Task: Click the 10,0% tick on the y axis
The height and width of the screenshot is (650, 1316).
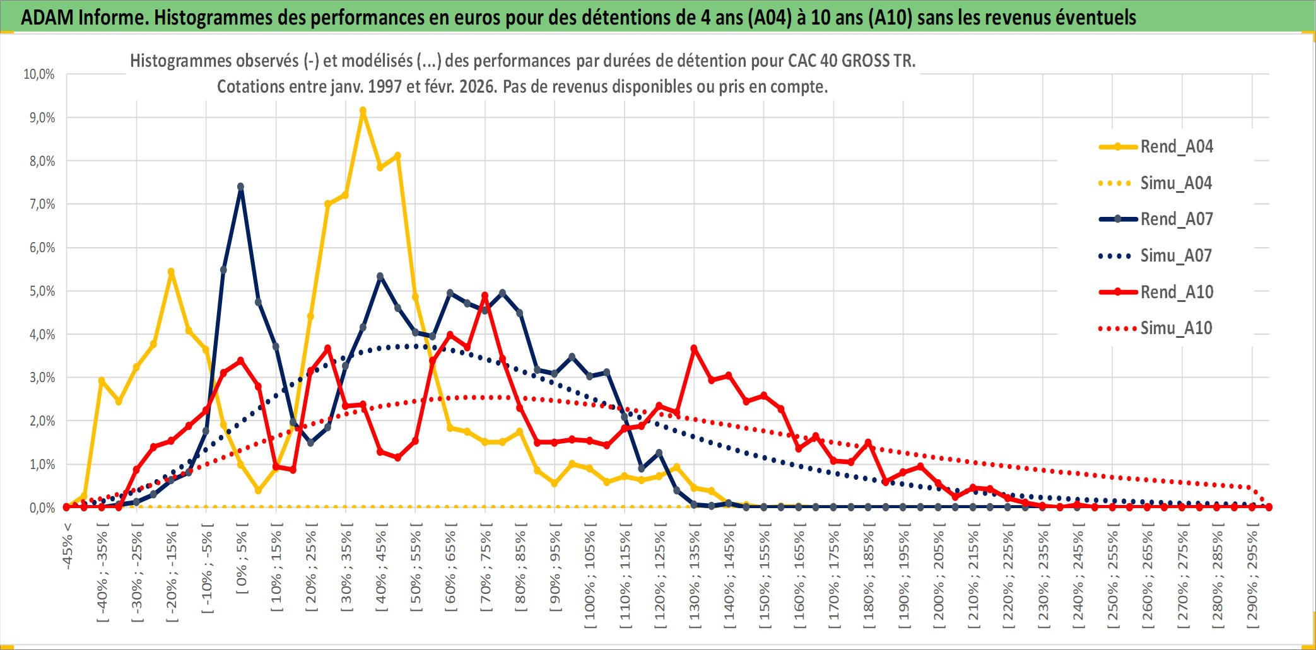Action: tap(39, 74)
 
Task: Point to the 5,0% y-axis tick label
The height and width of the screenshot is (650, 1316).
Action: tap(42, 291)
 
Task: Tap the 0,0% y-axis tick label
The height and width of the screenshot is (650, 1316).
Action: tap(42, 508)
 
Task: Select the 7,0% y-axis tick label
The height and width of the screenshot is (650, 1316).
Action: tap(42, 204)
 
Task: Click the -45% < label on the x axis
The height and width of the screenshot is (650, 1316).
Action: tap(68, 546)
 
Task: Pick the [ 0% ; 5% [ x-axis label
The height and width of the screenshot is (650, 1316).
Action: tap(242, 559)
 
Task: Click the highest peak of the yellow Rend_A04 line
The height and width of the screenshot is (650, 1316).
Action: tap(363, 111)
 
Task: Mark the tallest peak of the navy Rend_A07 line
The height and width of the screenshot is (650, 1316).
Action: tap(240, 187)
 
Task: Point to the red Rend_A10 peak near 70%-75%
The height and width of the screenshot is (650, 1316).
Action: tap(485, 295)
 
